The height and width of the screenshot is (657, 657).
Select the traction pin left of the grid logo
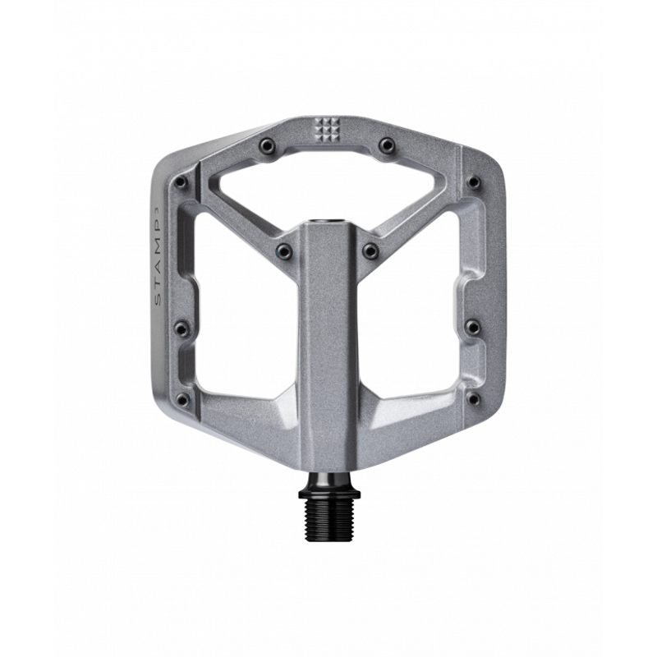[x=265, y=145]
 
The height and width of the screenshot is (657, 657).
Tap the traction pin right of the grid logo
[x=386, y=145]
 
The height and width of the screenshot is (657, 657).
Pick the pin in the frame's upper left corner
[x=181, y=182]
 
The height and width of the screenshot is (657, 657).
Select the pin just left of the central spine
[x=283, y=250]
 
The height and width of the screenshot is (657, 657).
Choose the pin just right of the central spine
[x=370, y=250]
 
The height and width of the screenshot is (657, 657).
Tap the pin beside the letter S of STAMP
[x=181, y=328]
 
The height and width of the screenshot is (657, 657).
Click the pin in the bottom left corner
[x=182, y=400]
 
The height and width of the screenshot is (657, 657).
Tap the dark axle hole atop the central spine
[x=327, y=222]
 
